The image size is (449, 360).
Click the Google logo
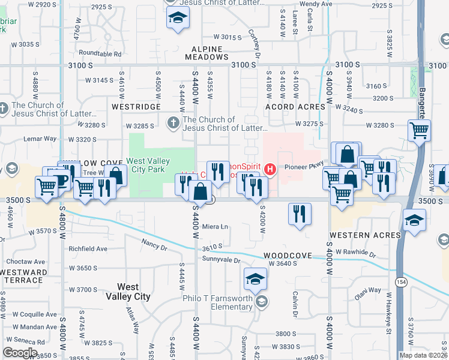point(19,353)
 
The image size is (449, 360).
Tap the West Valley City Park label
point(148,166)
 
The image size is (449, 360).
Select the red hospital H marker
point(270,170)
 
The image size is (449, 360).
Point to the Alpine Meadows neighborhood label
point(210,53)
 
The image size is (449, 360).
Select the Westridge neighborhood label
point(136,107)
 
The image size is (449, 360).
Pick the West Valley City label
point(133,292)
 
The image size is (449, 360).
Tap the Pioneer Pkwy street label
point(304,167)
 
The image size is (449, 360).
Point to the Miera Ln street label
point(216,227)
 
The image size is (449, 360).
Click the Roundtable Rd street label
point(100,53)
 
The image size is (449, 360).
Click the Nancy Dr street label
point(154,243)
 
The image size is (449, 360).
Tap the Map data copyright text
point(424,355)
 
